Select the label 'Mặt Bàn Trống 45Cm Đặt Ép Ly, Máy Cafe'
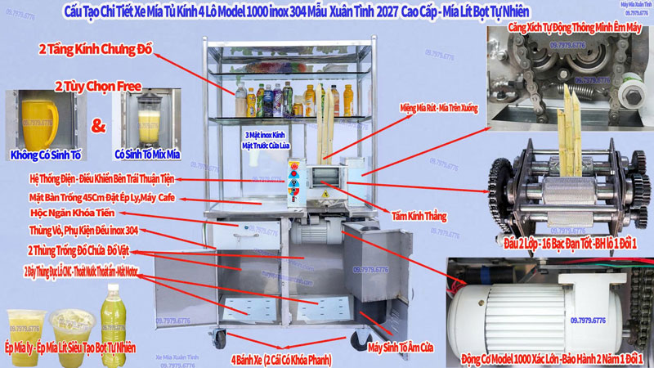pyautogui.click(x=92, y=199)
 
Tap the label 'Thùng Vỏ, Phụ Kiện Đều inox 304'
pyautogui.click(x=83, y=231)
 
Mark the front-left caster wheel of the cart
pyautogui.click(x=221, y=335)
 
